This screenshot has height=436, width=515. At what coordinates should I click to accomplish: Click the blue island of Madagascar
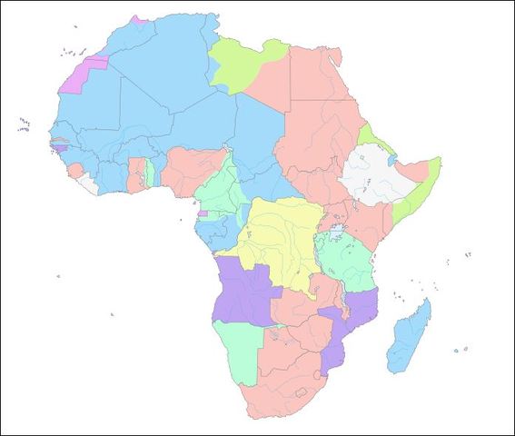pyautogui.click(x=405, y=338)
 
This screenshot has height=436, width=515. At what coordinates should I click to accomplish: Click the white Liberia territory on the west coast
pyautogui.click(x=86, y=183)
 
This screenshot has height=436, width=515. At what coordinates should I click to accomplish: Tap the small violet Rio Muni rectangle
pyautogui.click(x=203, y=214)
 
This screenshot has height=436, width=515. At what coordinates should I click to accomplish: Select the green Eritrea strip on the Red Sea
pyautogui.click(x=369, y=140)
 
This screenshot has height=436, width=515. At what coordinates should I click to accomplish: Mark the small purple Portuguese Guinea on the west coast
pyautogui.click(x=59, y=148)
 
